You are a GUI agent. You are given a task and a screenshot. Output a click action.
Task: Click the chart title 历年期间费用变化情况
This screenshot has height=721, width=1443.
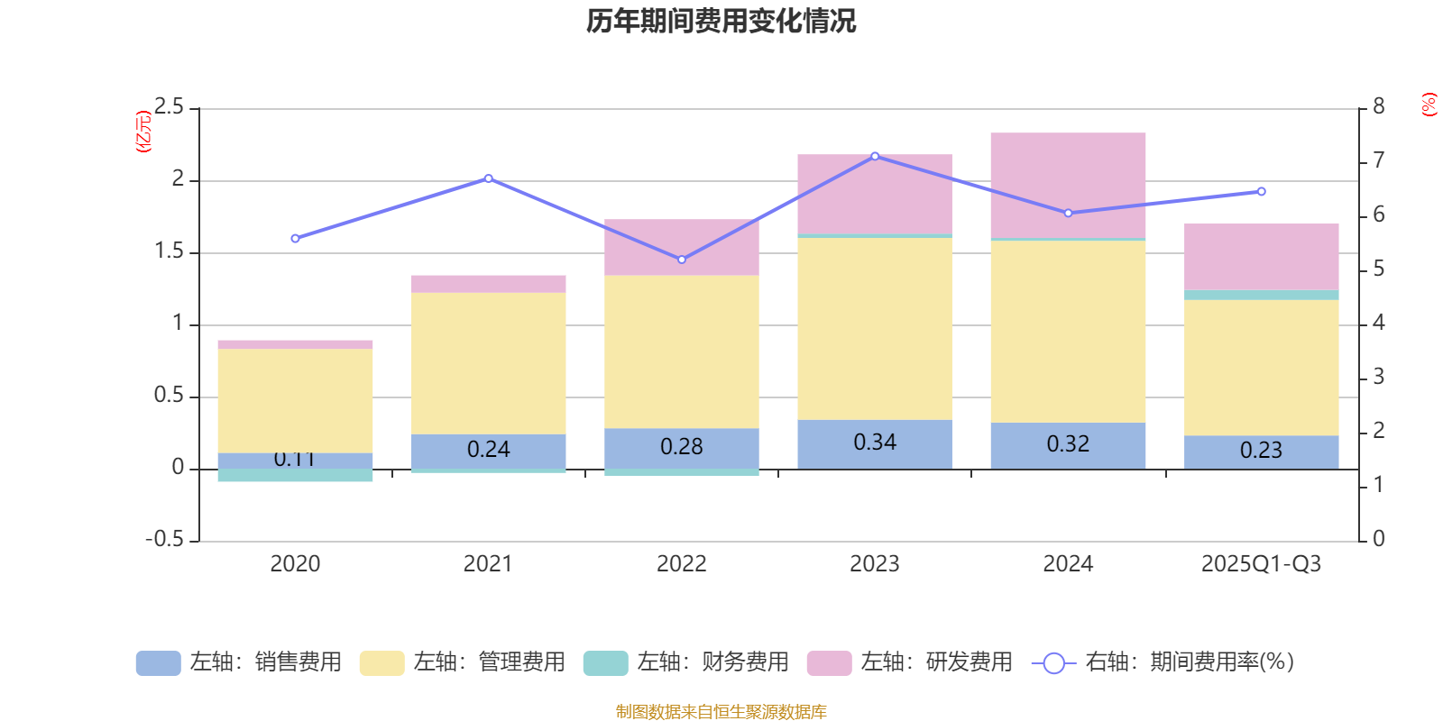pyautogui.click(x=721, y=21)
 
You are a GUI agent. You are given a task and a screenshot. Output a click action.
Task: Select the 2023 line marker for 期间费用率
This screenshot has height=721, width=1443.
pyautogui.click(x=875, y=156)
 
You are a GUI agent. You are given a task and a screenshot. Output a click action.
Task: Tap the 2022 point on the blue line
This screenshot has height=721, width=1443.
pyautogui.click(x=682, y=260)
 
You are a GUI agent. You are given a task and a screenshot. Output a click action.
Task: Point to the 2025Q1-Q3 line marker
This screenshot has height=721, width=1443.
pyautogui.click(x=1261, y=191)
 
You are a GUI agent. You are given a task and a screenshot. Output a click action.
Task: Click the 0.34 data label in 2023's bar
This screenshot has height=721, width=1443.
pyautogui.click(x=875, y=443)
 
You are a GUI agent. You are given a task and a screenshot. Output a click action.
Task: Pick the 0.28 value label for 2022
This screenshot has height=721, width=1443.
pyautogui.click(x=682, y=447)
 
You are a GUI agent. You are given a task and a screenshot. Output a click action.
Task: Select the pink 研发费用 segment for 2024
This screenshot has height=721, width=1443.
pyautogui.click(x=1068, y=185)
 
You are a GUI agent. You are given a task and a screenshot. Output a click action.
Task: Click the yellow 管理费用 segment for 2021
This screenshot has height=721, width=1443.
pyautogui.click(x=489, y=363)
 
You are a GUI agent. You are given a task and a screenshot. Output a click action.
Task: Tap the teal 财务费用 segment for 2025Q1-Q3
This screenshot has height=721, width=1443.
pyautogui.click(x=1261, y=295)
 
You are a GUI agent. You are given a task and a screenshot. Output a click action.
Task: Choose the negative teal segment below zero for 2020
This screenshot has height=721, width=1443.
pyautogui.click(x=295, y=475)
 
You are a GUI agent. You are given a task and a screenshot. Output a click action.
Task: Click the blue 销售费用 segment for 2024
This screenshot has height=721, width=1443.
pyautogui.click(x=1068, y=445)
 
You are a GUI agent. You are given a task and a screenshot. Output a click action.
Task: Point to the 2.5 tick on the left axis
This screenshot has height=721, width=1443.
pyautogui.click(x=169, y=107)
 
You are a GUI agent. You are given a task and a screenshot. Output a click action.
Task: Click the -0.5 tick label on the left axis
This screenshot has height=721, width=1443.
pyautogui.click(x=165, y=539)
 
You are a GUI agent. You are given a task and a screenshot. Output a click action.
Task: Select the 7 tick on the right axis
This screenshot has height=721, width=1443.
pyautogui.click(x=1378, y=160)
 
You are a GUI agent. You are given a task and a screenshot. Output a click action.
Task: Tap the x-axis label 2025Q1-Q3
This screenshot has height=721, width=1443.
pyautogui.click(x=1261, y=564)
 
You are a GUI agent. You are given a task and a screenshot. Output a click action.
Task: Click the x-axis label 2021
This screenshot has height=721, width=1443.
pyautogui.click(x=488, y=564)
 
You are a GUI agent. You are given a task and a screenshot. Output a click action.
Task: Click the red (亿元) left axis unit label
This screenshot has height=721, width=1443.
pyautogui.click(x=143, y=132)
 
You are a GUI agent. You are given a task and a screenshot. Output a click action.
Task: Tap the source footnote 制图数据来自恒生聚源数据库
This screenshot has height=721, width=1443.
pyautogui.click(x=721, y=712)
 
